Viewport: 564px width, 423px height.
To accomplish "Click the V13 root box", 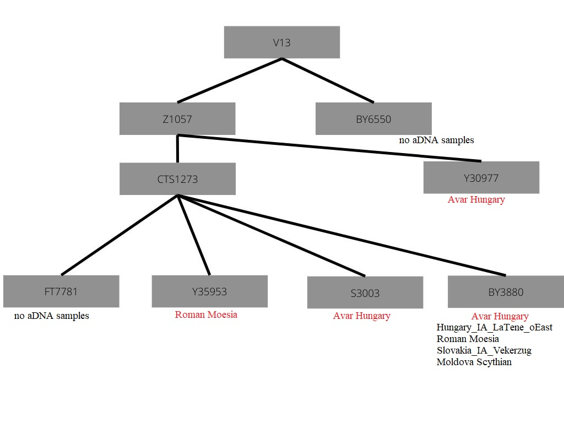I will (x=281, y=42).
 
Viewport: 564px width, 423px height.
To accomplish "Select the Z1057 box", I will (x=177, y=118).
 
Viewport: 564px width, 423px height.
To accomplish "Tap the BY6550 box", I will (x=373, y=118).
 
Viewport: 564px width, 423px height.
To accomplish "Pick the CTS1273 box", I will (x=177, y=178).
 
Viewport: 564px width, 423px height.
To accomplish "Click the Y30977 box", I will (x=481, y=177).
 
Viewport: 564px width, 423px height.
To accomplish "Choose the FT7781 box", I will (x=61, y=291).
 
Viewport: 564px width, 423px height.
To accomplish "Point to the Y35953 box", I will (x=209, y=291).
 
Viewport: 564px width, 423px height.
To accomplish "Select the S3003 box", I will (x=365, y=292).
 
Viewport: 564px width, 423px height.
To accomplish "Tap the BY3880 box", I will (x=506, y=292).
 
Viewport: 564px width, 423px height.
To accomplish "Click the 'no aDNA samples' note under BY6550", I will (x=436, y=140).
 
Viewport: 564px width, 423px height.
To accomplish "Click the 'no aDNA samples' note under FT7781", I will (x=51, y=316).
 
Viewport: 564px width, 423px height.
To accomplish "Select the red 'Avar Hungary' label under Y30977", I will (x=476, y=199).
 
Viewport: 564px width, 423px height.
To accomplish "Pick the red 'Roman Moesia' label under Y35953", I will (x=206, y=314).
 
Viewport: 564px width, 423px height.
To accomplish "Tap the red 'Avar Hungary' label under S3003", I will (x=361, y=316).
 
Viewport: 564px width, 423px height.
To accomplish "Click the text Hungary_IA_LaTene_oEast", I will (x=494, y=327).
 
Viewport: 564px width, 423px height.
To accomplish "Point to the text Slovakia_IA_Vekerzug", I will (x=484, y=350).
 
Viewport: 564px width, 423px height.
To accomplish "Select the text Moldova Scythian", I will (x=474, y=362).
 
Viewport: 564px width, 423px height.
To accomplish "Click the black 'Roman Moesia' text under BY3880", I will (x=468, y=339).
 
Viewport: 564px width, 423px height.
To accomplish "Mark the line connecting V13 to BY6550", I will (x=328, y=80).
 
